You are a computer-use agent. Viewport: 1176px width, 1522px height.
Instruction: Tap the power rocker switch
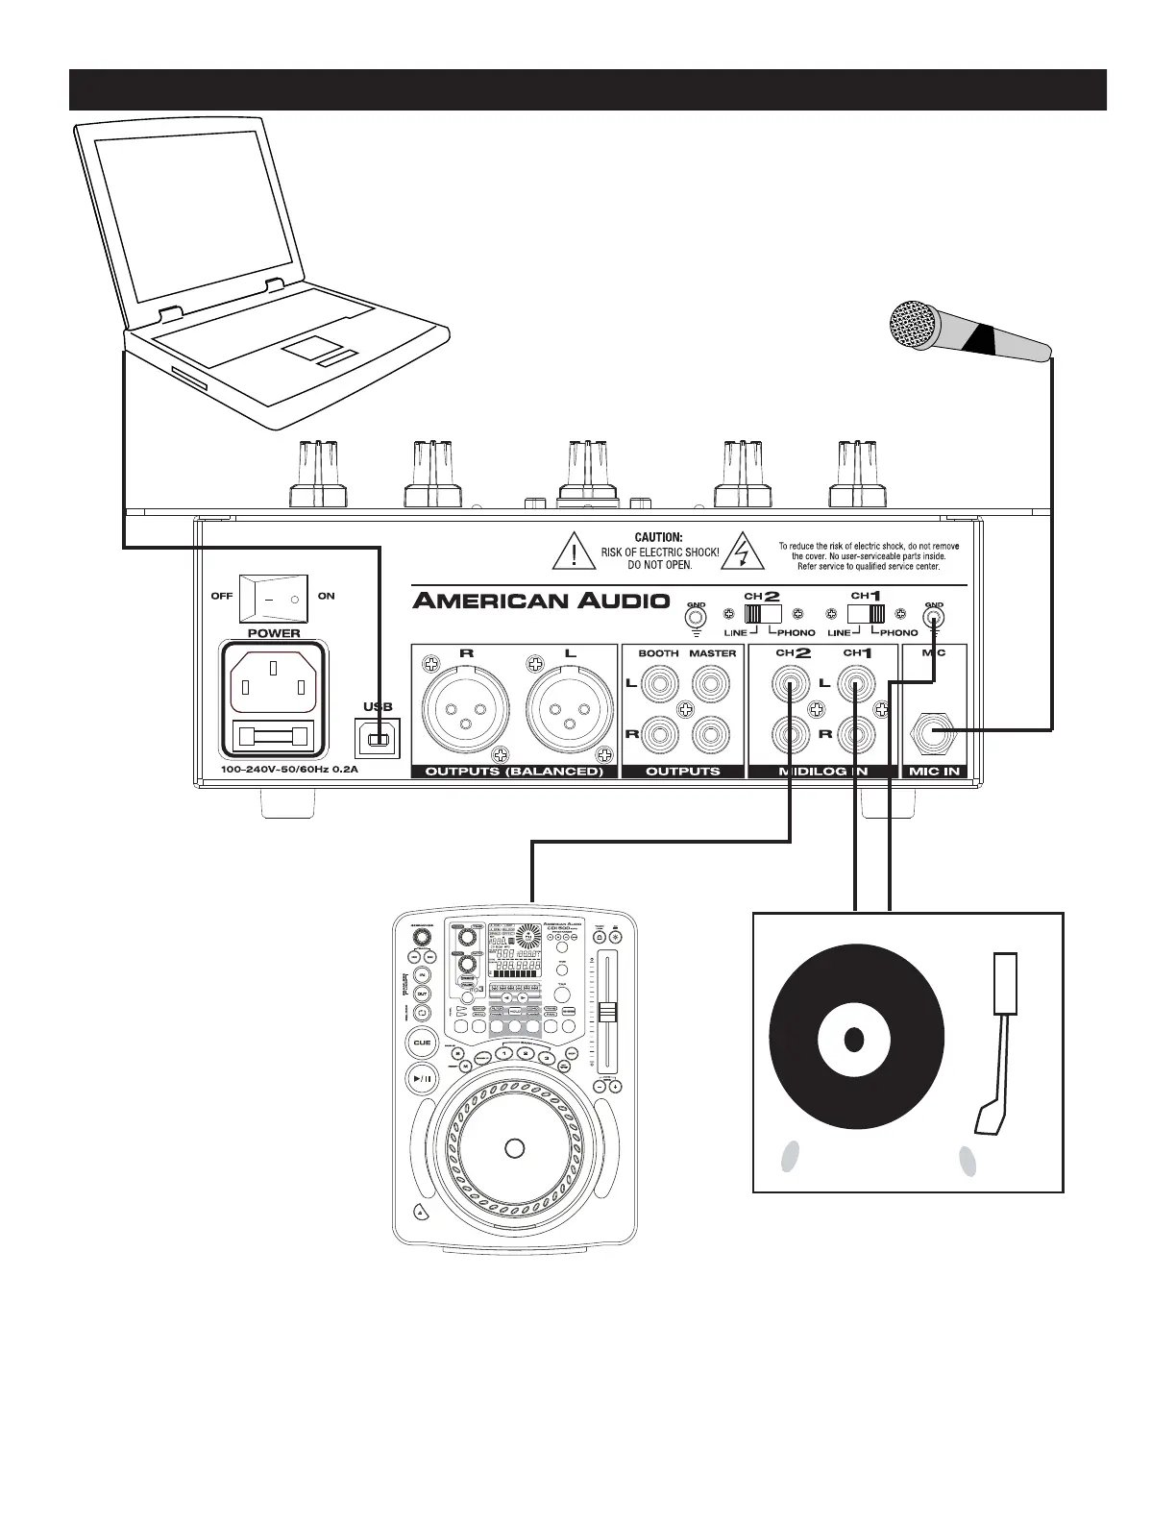pyautogui.click(x=274, y=598)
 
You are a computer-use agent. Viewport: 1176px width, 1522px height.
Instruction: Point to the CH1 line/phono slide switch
pyautogui.click(x=866, y=613)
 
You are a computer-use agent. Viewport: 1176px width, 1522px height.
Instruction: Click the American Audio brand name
pyautogui.click(x=540, y=601)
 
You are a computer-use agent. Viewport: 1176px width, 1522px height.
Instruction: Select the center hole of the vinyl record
pyautogui.click(x=853, y=1040)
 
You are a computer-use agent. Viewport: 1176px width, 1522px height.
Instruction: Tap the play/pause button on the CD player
pyautogui.click(x=423, y=1079)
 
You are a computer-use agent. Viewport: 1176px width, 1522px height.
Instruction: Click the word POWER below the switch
pyautogui.click(x=274, y=633)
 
